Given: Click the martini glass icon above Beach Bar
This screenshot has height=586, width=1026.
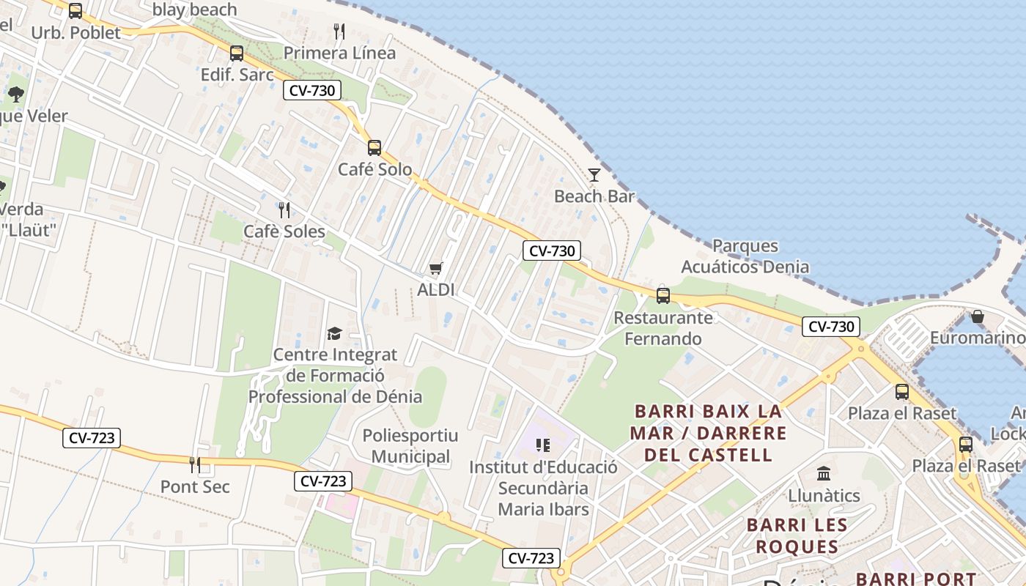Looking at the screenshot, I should (594, 174).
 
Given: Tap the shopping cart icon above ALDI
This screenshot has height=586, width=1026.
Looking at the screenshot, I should (436, 269).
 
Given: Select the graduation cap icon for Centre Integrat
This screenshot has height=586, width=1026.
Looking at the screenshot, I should (334, 334).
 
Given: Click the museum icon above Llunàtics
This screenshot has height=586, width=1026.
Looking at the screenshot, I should (824, 474).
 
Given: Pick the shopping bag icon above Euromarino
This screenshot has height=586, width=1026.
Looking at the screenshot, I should (977, 316).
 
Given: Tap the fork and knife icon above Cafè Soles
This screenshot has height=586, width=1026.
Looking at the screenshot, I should (284, 210).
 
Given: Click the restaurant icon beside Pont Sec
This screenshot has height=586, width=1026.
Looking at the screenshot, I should (195, 464).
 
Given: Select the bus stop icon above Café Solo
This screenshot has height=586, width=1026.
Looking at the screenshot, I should (374, 148).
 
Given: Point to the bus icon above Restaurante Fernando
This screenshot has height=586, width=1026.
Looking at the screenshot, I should (663, 296).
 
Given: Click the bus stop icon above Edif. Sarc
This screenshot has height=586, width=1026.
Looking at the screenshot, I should (236, 53).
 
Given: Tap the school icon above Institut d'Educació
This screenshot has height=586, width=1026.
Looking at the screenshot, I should (543, 445).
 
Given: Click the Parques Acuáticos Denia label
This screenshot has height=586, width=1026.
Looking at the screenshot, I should (745, 256).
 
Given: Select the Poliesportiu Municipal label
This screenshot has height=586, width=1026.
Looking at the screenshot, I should (410, 446).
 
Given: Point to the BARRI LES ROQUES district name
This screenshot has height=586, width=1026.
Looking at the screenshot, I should (797, 536).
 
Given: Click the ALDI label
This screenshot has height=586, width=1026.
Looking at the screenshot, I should (436, 290).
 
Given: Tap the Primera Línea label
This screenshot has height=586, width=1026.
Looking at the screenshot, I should (339, 53).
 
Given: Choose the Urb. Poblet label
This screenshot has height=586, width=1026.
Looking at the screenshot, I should (75, 33).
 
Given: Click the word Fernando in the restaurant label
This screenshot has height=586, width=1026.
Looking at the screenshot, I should (663, 339).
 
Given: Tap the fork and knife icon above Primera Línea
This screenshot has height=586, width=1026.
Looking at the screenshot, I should (339, 31).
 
